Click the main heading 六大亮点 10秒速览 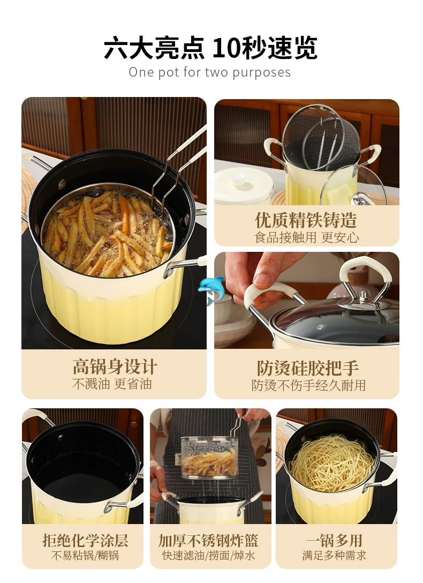210,48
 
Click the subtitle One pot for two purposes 209,72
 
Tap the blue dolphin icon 210,289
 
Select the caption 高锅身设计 115,367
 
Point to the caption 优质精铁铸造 306,220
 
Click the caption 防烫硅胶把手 307,368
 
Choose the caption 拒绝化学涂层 85,540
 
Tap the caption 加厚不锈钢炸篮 208,540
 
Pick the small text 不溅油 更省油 112,384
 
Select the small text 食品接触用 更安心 306,237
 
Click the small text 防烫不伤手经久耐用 308,385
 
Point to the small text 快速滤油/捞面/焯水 209,556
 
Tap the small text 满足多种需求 334,556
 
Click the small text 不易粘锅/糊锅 85,556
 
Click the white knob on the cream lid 237,178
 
